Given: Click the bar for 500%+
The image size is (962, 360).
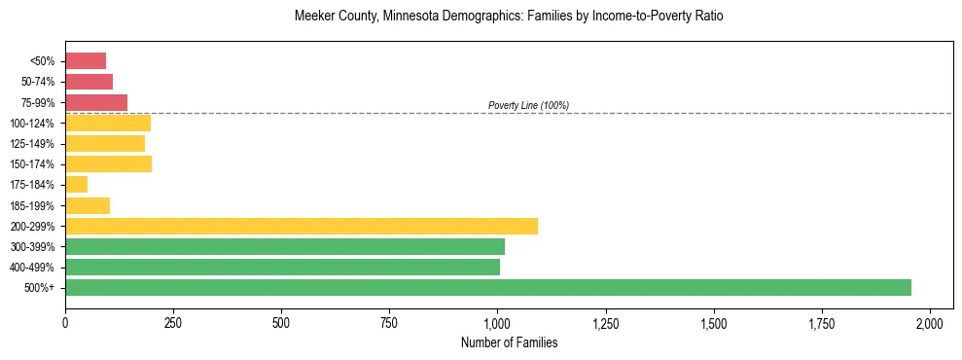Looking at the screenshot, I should tap(488, 287).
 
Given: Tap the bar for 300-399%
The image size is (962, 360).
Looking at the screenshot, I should tap(285, 246).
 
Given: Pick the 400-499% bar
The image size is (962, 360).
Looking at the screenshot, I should tap(282, 267).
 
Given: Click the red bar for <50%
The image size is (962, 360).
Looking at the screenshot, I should tap(86, 61).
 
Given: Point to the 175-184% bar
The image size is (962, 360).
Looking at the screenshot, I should tap(77, 185).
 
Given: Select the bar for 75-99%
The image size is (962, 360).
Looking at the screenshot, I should tap(96, 102).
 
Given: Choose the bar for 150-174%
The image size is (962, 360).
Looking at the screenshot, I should tap(108, 164).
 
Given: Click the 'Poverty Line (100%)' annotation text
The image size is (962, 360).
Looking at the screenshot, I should tap(528, 105).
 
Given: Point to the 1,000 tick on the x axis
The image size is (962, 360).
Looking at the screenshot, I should tap(497, 322).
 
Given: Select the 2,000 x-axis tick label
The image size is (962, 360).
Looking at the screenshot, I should tap(930, 322).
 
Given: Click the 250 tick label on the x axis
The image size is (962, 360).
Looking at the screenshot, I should tap(173, 322).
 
